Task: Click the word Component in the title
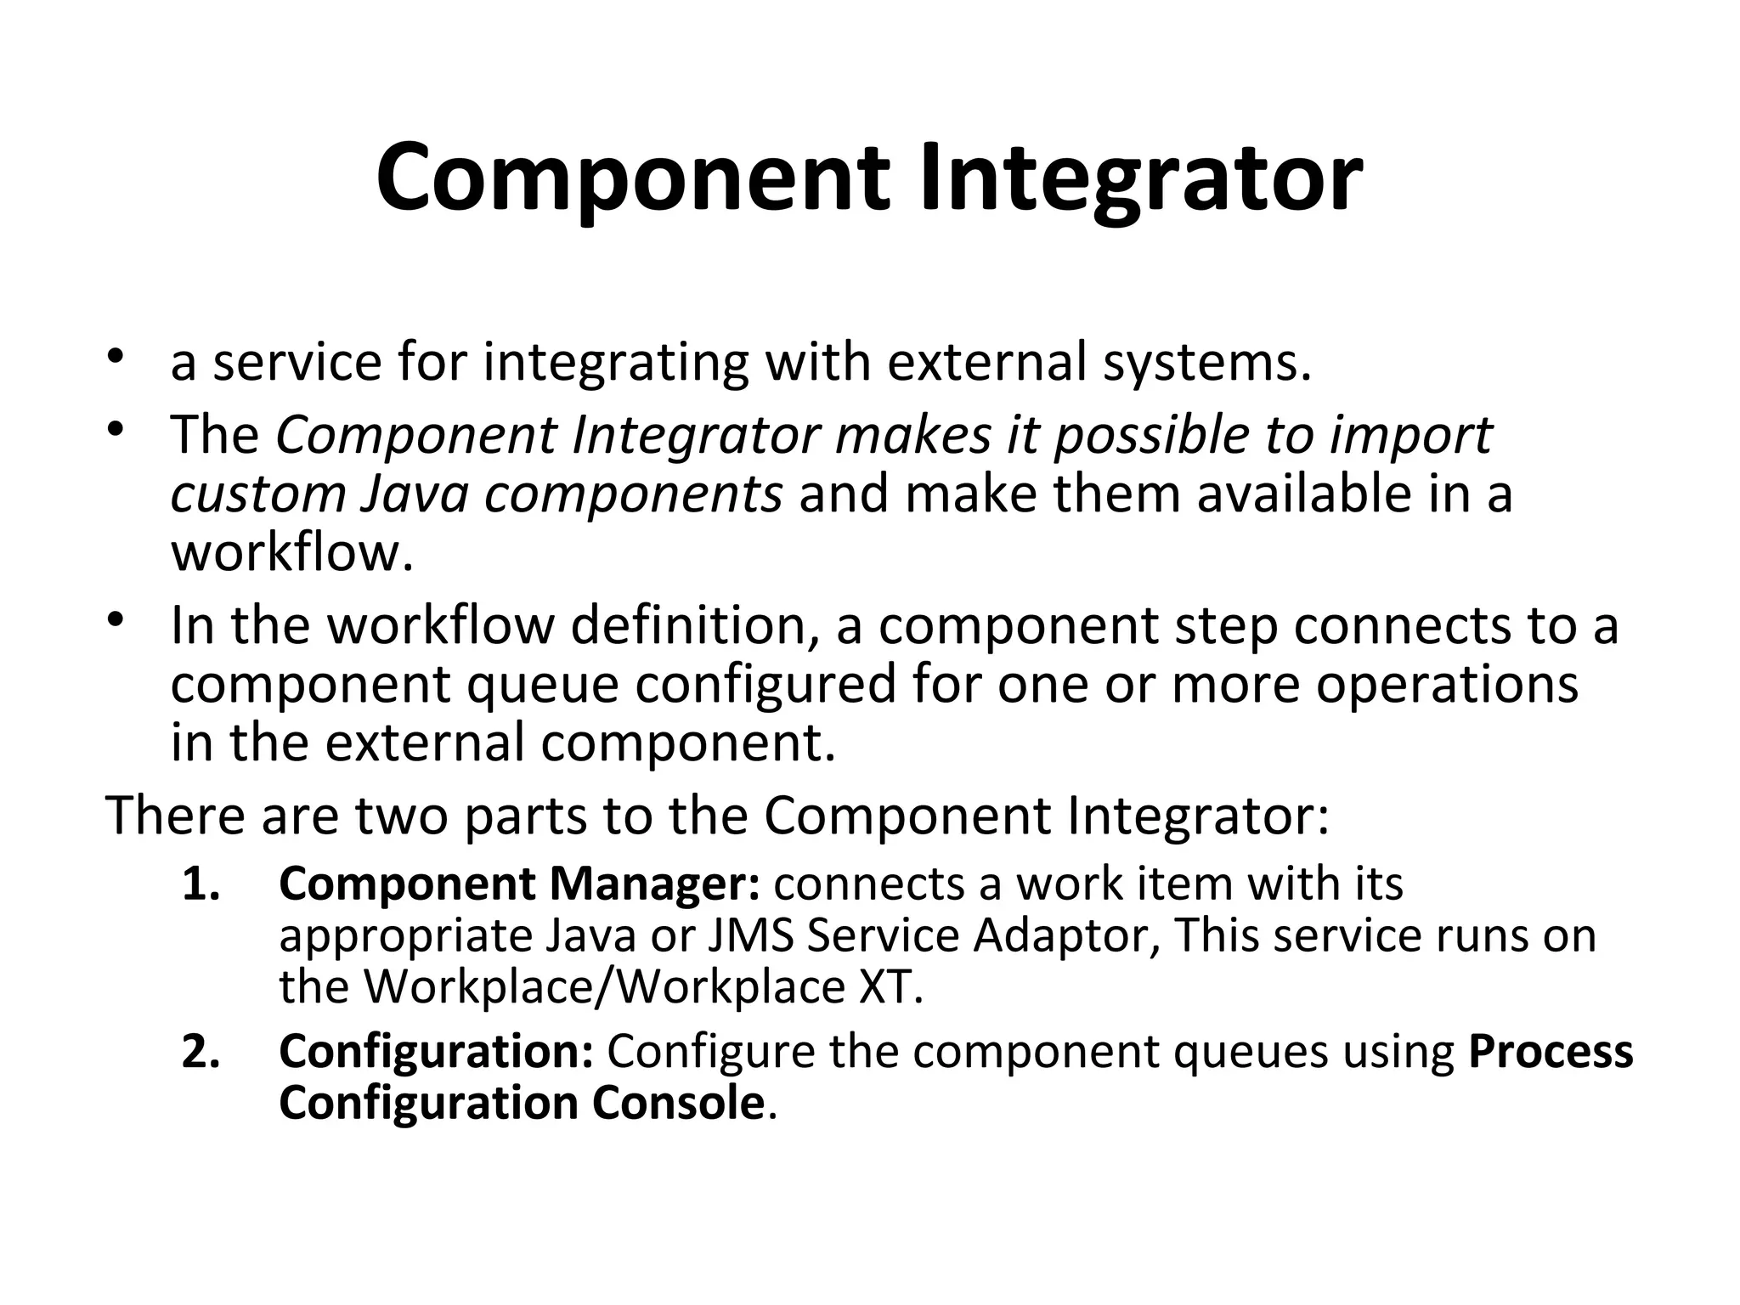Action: pos(632,178)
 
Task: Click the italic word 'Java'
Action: pos(414,494)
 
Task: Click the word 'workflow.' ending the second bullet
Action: pos(292,552)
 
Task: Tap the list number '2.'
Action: pos(201,1052)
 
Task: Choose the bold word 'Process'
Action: pos(1550,1052)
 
